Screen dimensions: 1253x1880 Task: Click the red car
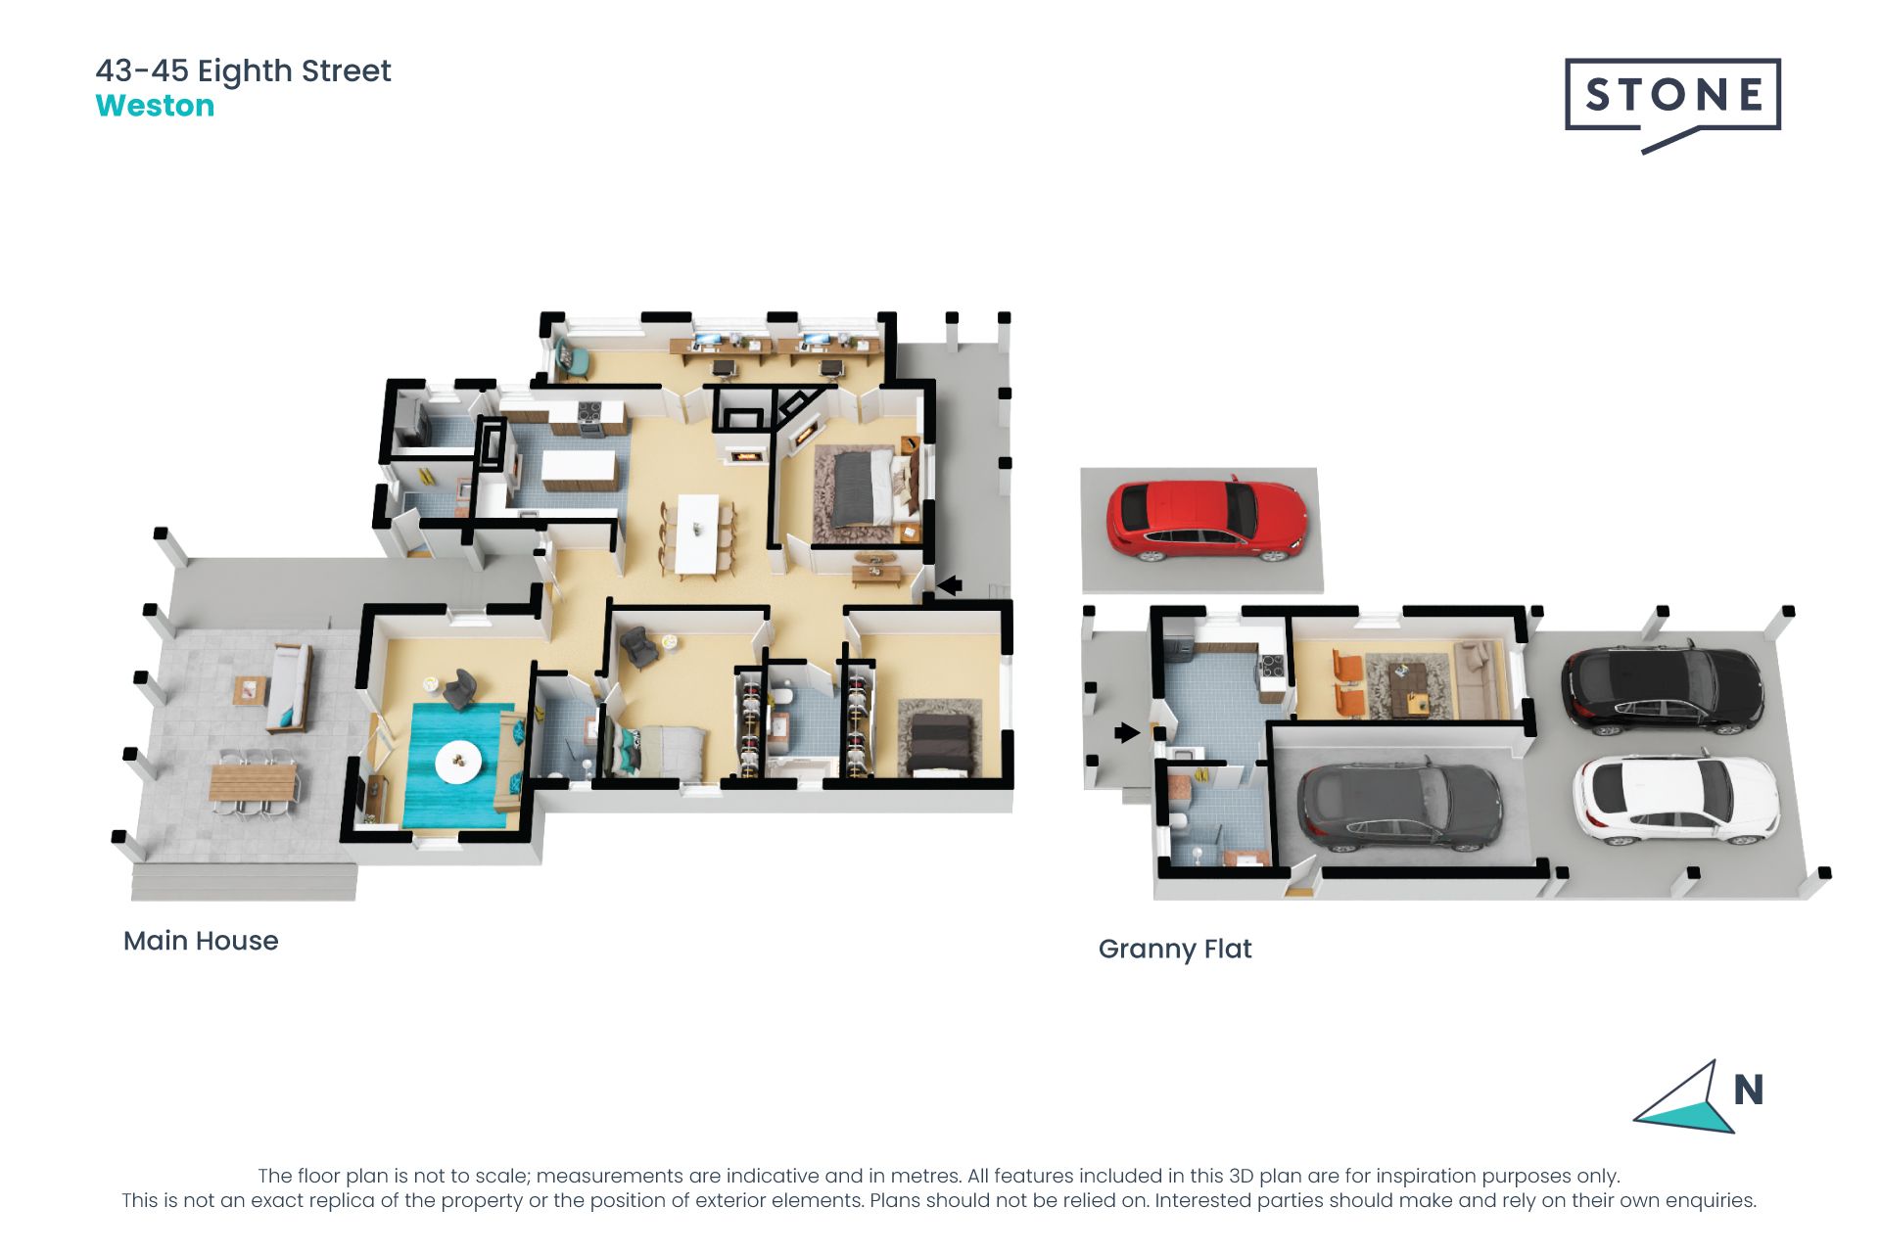1206,519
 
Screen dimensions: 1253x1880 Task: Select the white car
1674,798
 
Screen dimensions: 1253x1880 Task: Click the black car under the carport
1662,688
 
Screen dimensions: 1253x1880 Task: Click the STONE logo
1672,96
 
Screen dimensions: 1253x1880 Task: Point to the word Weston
155,106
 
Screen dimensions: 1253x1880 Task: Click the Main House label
201,941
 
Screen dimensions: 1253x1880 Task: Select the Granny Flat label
1175,949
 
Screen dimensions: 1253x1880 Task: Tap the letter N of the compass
1748,1090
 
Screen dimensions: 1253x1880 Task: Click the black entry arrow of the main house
948,585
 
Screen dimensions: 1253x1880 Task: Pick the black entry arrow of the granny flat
1127,732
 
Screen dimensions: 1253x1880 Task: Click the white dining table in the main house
698,534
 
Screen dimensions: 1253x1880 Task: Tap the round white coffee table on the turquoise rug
458,761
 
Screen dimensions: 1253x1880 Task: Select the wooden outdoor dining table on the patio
253,782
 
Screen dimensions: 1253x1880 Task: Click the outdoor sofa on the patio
289,687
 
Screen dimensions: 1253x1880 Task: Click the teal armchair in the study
572,358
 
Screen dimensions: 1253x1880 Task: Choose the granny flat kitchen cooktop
1271,667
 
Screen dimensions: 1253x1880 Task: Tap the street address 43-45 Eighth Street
243,70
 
